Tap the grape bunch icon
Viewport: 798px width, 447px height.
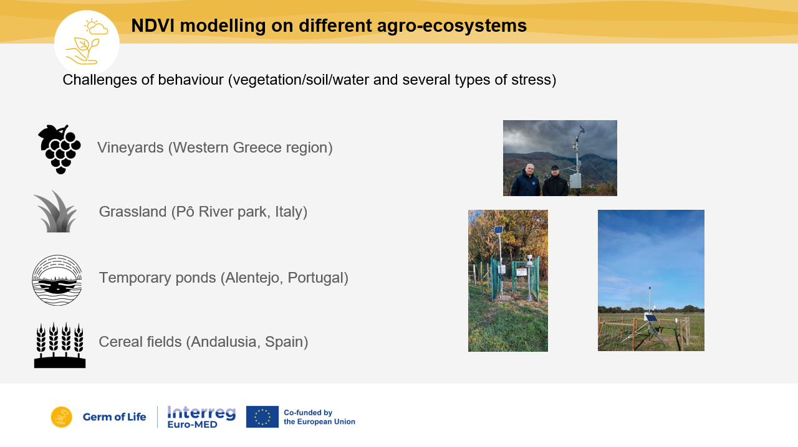(59, 149)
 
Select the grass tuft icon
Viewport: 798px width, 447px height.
(56, 212)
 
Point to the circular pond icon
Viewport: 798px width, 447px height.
(57, 280)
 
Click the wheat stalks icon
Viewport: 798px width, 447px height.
(60, 345)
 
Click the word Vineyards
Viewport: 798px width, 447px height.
(130, 148)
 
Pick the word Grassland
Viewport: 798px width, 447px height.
(133, 212)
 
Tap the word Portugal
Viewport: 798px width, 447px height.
(318, 278)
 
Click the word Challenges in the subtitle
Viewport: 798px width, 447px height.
(100, 80)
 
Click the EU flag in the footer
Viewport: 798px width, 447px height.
(262, 416)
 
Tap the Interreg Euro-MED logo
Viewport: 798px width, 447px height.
(201, 416)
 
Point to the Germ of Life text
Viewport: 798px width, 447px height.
(114, 416)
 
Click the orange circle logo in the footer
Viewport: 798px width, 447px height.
(62, 416)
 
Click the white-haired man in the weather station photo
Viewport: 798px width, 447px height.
(526, 181)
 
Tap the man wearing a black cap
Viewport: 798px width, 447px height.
(555, 181)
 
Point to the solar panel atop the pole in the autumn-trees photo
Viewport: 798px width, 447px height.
(499, 230)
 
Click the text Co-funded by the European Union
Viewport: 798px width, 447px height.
(319, 417)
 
